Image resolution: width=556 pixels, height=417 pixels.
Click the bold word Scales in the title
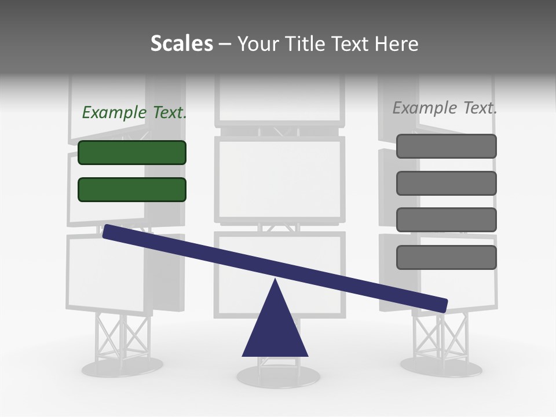[x=181, y=44]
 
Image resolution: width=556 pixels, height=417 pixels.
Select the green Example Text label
[x=134, y=112]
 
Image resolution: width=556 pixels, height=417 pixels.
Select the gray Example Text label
[x=445, y=108]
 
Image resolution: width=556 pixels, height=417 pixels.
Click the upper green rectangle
[x=132, y=152]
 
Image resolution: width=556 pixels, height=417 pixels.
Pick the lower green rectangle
[x=132, y=189]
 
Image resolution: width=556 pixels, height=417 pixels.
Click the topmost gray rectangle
[x=447, y=146]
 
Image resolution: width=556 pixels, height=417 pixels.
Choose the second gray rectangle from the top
[x=447, y=183]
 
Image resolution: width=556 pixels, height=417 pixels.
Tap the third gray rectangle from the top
[x=447, y=220]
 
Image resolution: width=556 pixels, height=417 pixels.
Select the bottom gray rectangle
[x=447, y=257]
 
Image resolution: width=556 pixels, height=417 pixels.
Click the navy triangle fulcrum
[x=275, y=330]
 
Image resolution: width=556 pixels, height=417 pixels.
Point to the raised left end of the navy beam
[x=110, y=232]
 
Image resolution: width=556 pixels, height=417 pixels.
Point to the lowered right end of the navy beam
[x=440, y=304]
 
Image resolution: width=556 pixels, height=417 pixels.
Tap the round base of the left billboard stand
[x=122, y=367]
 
